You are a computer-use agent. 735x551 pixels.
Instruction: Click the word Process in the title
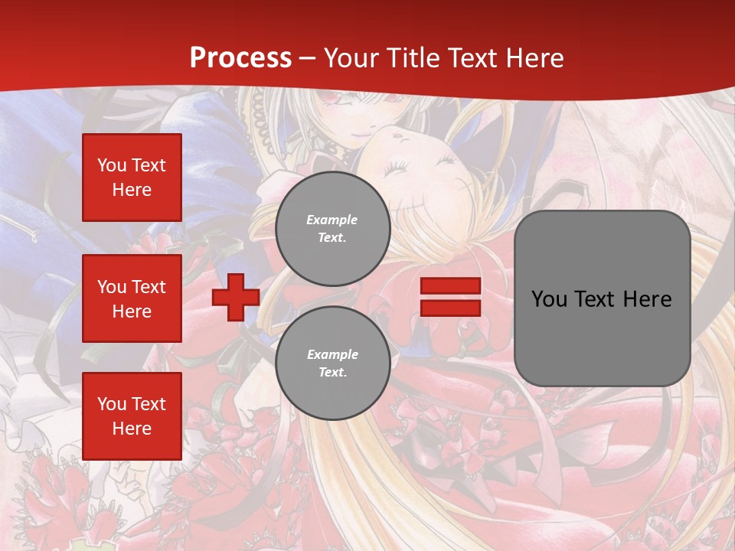(x=240, y=58)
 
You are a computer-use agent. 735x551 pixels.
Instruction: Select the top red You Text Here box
(x=132, y=178)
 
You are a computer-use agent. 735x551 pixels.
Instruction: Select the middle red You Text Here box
(x=132, y=298)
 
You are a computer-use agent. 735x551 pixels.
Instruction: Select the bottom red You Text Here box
(x=132, y=416)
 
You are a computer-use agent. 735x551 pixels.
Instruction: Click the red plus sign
(x=236, y=298)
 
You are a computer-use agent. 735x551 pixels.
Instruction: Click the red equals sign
(x=451, y=297)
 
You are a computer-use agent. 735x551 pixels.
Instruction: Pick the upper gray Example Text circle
(x=333, y=229)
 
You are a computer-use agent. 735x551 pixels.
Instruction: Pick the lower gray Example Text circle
(x=333, y=364)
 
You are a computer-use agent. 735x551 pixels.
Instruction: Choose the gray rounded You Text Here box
(x=602, y=298)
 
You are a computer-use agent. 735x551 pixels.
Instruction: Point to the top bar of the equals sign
(x=451, y=286)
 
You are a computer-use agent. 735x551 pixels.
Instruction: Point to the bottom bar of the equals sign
(x=451, y=308)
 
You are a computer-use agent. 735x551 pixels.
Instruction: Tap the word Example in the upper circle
(x=332, y=220)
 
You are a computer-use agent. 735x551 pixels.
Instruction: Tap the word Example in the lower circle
(x=332, y=354)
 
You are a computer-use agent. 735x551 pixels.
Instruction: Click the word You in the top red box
(x=112, y=165)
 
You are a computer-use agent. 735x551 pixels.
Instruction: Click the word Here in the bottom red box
(x=132, y=429)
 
